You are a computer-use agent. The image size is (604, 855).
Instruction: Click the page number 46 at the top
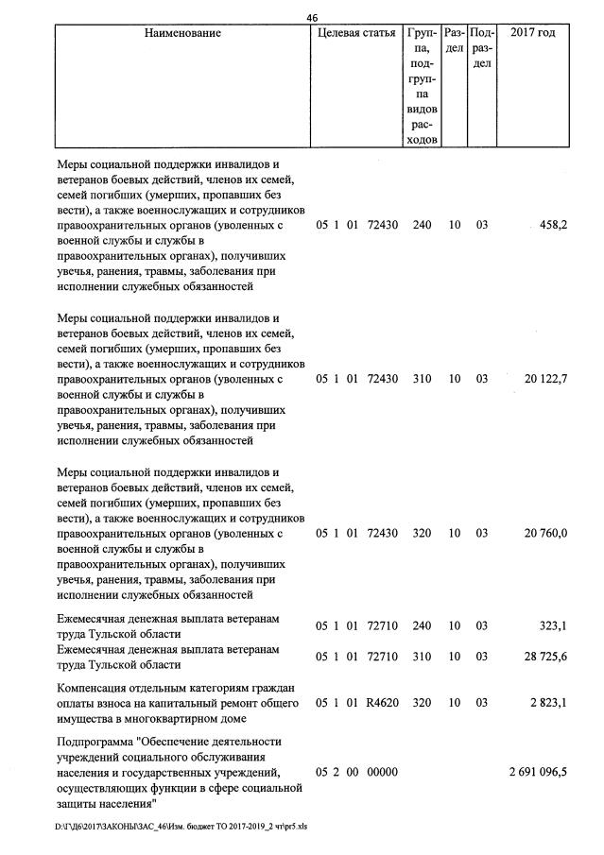[x=313, y=17]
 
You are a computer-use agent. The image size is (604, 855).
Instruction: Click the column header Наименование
[x=182, y=34]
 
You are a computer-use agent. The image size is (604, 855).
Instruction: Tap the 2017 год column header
[x=532, y=34]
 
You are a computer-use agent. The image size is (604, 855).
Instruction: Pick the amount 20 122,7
[x=545, y=379]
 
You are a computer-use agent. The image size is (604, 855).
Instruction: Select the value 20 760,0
[x=545, y=534]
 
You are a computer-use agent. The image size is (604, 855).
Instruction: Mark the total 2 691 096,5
[x=538, y=772]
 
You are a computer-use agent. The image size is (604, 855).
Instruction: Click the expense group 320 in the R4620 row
[x=422, y=703]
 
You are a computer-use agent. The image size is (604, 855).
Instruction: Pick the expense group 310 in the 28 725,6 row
[x=422, y=658]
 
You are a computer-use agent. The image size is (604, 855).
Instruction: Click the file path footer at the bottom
[x=181, y=826]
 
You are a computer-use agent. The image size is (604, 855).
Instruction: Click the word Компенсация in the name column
[x=95, y=688]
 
